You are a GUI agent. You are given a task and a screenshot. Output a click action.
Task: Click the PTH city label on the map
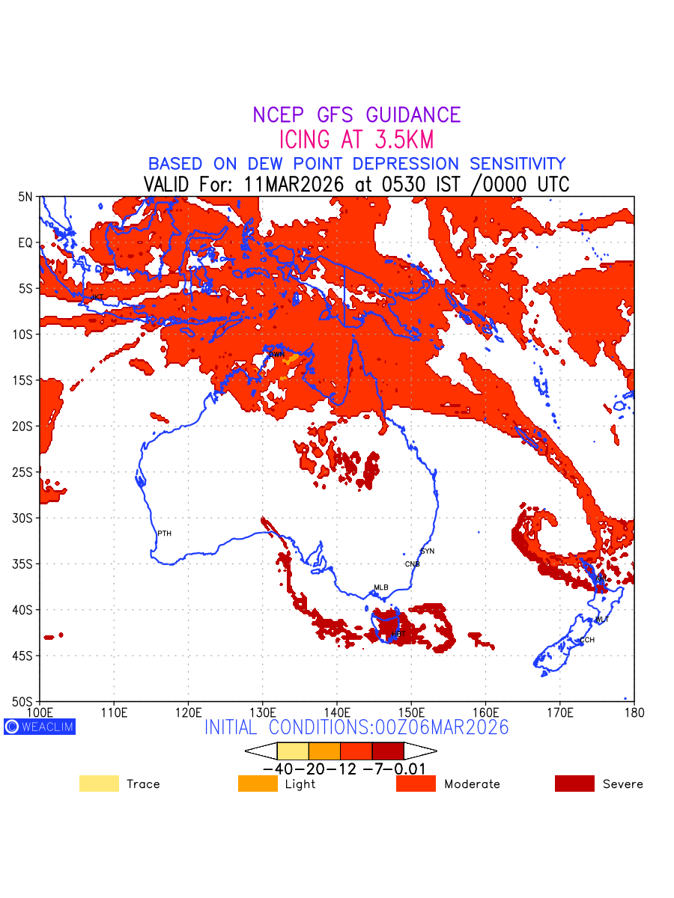tap(164, 534)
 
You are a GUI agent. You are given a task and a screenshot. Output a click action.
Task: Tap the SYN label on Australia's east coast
tap(427, 552)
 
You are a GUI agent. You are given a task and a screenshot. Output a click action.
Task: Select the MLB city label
tap(381, 587)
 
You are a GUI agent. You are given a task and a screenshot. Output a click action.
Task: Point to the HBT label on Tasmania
tap(398, 635)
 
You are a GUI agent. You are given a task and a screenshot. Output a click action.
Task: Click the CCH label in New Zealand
tap(586, 641)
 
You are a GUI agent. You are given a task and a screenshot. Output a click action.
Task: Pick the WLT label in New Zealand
tap(601, 620)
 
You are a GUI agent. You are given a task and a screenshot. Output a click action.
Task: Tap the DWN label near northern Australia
tap(276, 354)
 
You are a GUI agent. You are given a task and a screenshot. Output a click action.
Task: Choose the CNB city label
tap(412, 564)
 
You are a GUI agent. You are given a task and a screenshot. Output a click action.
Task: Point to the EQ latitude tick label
tap(26, 242)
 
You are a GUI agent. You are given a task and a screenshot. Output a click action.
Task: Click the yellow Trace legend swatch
tap(99, 784)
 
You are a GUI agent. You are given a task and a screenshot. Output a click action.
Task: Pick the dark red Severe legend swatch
tap(574, 784)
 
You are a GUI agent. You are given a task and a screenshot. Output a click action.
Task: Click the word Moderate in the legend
tap(472, 784)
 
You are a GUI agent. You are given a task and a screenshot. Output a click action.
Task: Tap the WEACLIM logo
tap(40, 726)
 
